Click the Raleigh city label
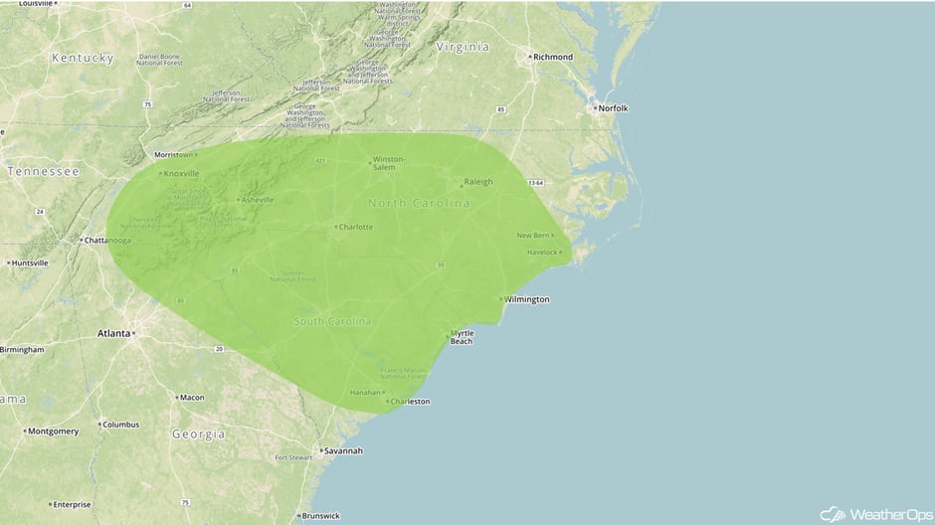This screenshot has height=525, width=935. click(x=478, y=183)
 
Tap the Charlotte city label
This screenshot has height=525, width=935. click(x=355, y=227)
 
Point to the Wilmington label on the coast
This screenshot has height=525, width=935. click(x=526, y=299)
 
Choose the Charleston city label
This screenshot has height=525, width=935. click(x=410, y=402)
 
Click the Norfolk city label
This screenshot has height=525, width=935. click(x=612, y=107)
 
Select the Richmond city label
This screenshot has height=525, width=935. click(x=553, y=57)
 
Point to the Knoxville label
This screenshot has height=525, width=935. click(x=181, y=174)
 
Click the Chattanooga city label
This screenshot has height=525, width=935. click(x=106, y=241)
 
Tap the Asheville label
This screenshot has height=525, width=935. click(x=257, y=200)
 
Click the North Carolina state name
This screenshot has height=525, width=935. click(x=419, y=204)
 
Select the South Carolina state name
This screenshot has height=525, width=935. click(x=332, y=322)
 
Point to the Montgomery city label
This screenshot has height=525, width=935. click(x=53, y=432)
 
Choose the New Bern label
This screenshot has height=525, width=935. click(x=533, y=236)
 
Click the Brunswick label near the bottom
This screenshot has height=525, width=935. click(x=320, y=516)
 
